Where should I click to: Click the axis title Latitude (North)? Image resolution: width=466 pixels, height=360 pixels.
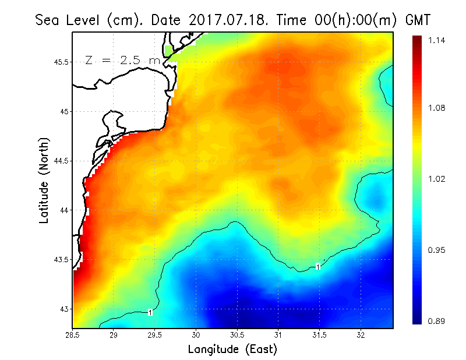tap(44, 181)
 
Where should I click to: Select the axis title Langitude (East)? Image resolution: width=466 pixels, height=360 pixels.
tap(232, 350)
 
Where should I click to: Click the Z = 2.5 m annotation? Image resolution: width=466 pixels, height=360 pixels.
tap(122, 60)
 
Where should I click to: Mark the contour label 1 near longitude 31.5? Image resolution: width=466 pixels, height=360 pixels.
tap(318, 267)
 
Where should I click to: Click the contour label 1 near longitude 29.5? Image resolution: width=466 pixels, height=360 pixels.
tap(150, 313)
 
